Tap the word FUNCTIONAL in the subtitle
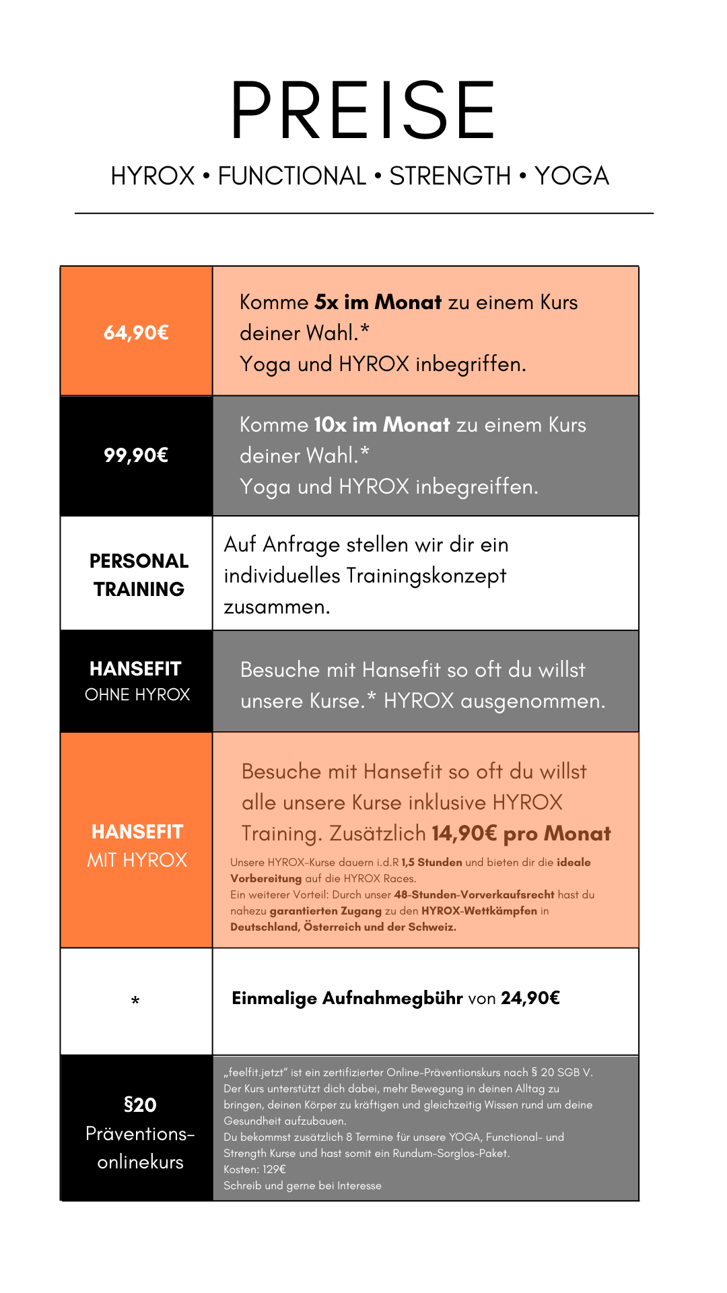291,176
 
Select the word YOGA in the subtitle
572,176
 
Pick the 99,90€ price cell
136,455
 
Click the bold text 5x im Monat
378,302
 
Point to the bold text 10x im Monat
382,425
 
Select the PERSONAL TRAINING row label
139,575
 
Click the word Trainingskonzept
425,576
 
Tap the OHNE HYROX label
137,694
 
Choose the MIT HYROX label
137,860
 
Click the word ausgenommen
532,702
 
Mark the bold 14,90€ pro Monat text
521,834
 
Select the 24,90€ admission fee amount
530,998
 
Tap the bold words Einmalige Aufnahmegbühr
347,998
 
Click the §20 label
140,1105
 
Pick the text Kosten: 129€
254,1169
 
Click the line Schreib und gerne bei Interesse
302,1185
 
